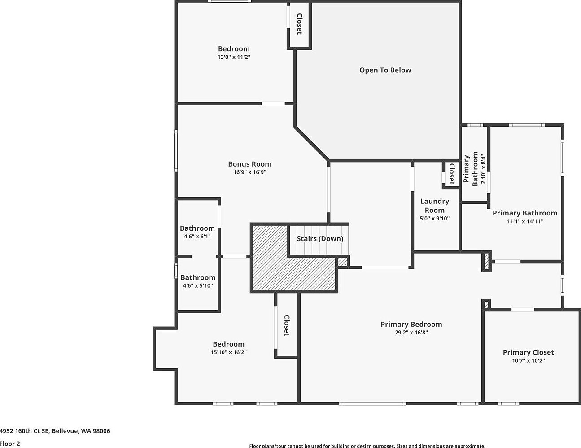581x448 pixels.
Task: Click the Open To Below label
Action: pyautogui.click(x=385, y=70)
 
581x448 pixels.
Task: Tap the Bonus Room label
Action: pyautogui.click(x=250, y=164)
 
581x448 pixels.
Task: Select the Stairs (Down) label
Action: pyautogui.click(x=320, y=238)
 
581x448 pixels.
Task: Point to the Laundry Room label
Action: pyautogui.click(x=434, y=206)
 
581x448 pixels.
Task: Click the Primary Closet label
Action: pyautogui.click(x=529, y=352)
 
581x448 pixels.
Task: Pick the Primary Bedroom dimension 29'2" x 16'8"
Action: pyautogui.click(x=411, y=333)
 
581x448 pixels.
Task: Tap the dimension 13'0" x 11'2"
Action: pyautogui.click(x=234, y=57)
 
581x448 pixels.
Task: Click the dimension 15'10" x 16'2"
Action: pyautogui.click(x=229, y=352)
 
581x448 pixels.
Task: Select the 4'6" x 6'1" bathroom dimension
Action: pyautogui.click(x=197, y=237)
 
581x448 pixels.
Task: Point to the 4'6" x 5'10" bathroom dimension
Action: pyautogui.click(x=198, y=285)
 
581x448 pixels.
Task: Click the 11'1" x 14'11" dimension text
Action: pyautogui.click(x=525, y=221)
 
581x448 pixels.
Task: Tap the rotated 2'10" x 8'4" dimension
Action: pyautogui.click(x=483, y=169)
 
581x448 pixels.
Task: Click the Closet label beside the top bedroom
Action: pyautogui.click(x=299, y=24)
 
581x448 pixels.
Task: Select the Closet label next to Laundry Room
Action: pyautogui.click(x=452, y=174)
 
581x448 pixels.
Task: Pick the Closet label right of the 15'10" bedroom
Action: pyautogui.click(x=287, y=325)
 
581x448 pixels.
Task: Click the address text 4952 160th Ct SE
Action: pyautogui.click(x=24, y=431)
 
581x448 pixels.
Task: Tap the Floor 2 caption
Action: pyautogui.click(x=10, y=444)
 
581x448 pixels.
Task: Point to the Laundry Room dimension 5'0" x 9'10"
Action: pyautogui.click(x=434, y=219)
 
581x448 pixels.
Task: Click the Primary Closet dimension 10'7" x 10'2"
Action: pyautogui.click(x=529, y=360)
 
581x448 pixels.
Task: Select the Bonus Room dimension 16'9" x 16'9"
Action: pyautogui.click(x=250, y=172)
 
